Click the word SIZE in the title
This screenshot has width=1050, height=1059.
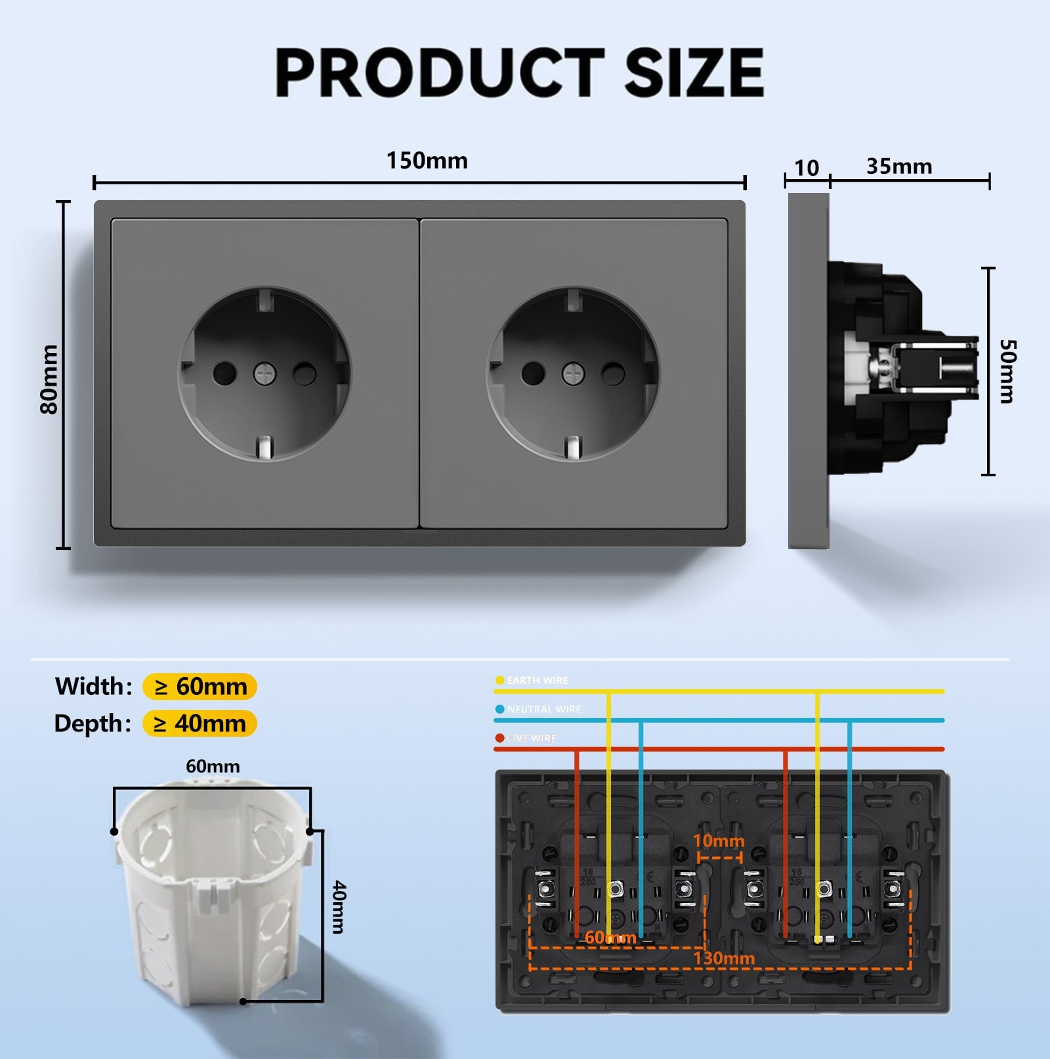[694, 72]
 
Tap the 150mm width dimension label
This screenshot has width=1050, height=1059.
[427, 161]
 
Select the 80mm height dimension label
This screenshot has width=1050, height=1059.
[49, 379]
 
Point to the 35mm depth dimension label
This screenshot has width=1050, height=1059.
[899, 167]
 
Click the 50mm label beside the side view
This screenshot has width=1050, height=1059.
[1007, 371]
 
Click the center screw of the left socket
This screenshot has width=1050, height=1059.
[264, 374]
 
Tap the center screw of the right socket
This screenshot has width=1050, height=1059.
[573, 374]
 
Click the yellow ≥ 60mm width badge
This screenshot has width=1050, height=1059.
[199, 686]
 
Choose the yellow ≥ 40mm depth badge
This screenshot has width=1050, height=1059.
[199, 723]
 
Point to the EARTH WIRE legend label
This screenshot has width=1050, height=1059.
[537, 680]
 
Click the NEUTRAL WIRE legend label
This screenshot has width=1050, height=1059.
[543, 709]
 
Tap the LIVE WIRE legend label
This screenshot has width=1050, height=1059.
[531, 738]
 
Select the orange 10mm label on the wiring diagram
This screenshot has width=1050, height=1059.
[719, 841]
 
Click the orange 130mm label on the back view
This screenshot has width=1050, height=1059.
[724, 958]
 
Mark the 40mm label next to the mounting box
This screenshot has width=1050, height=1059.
[339, 907]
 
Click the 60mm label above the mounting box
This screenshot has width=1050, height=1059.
[213, 766]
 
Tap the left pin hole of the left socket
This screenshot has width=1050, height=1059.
[224, 374]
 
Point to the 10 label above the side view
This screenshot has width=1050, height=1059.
[807, 168]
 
